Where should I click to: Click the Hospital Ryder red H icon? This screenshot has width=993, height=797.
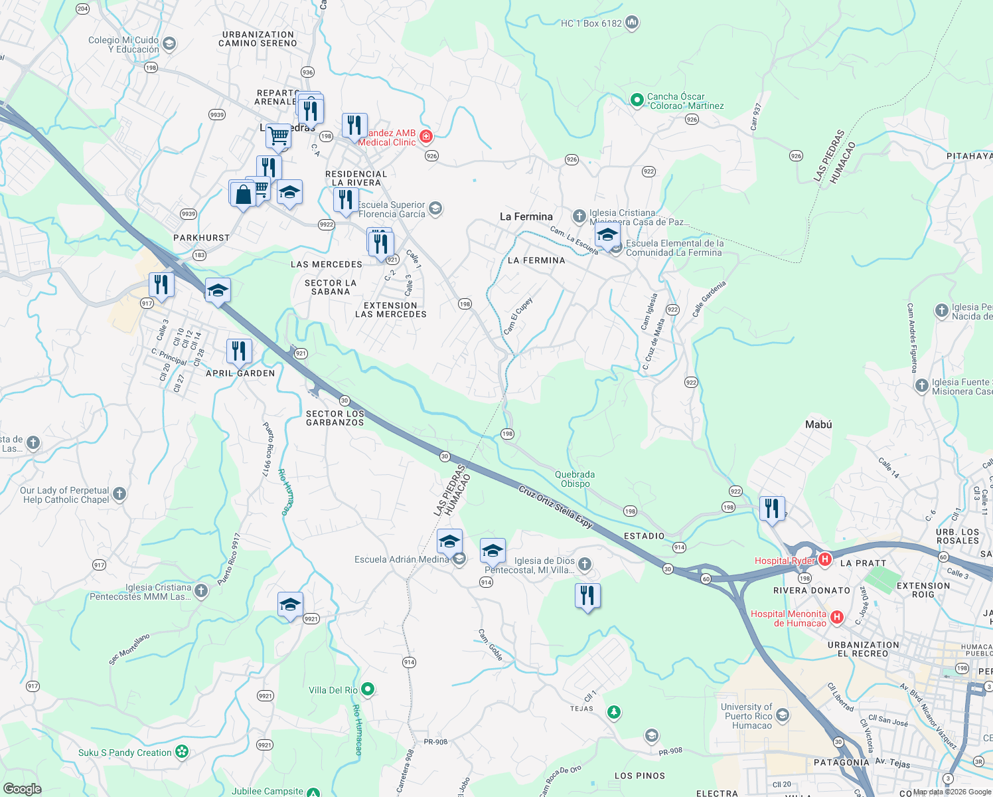[825, 559]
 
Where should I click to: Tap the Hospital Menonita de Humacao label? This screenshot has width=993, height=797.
[789, 618]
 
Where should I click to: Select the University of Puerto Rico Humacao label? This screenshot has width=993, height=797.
[747, 716]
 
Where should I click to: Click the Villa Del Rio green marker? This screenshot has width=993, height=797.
[368, 689]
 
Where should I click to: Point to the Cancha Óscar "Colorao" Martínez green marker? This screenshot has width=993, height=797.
[637, 100]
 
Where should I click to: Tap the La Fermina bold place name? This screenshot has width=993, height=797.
[526, 217]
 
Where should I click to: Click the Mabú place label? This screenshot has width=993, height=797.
[818, 424]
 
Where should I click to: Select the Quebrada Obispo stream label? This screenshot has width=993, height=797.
[575, 479]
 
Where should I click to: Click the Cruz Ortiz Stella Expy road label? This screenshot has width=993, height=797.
[555, 507]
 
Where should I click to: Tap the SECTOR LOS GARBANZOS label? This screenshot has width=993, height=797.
[335, 418]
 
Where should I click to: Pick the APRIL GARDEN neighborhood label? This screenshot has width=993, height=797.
[240, 373]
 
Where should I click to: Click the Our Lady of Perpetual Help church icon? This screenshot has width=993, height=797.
[119, 493]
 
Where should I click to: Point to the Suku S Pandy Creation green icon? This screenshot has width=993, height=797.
[182, 752]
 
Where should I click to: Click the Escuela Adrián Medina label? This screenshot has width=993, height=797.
[402, 559]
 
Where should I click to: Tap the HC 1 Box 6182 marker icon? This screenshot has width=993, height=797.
[632, 23]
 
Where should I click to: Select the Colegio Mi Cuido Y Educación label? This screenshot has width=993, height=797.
[123, 44]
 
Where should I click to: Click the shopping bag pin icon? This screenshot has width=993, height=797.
[243, 194]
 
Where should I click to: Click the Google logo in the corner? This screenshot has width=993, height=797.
[22, 789]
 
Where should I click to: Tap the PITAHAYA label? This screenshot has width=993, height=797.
[969, 156]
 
